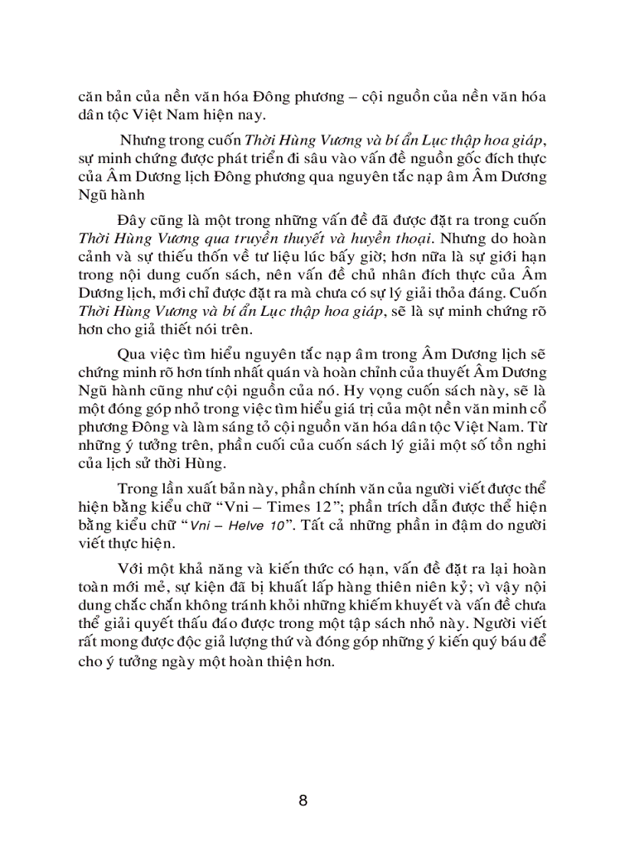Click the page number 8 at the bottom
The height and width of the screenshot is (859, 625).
[x=303, y=801]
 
